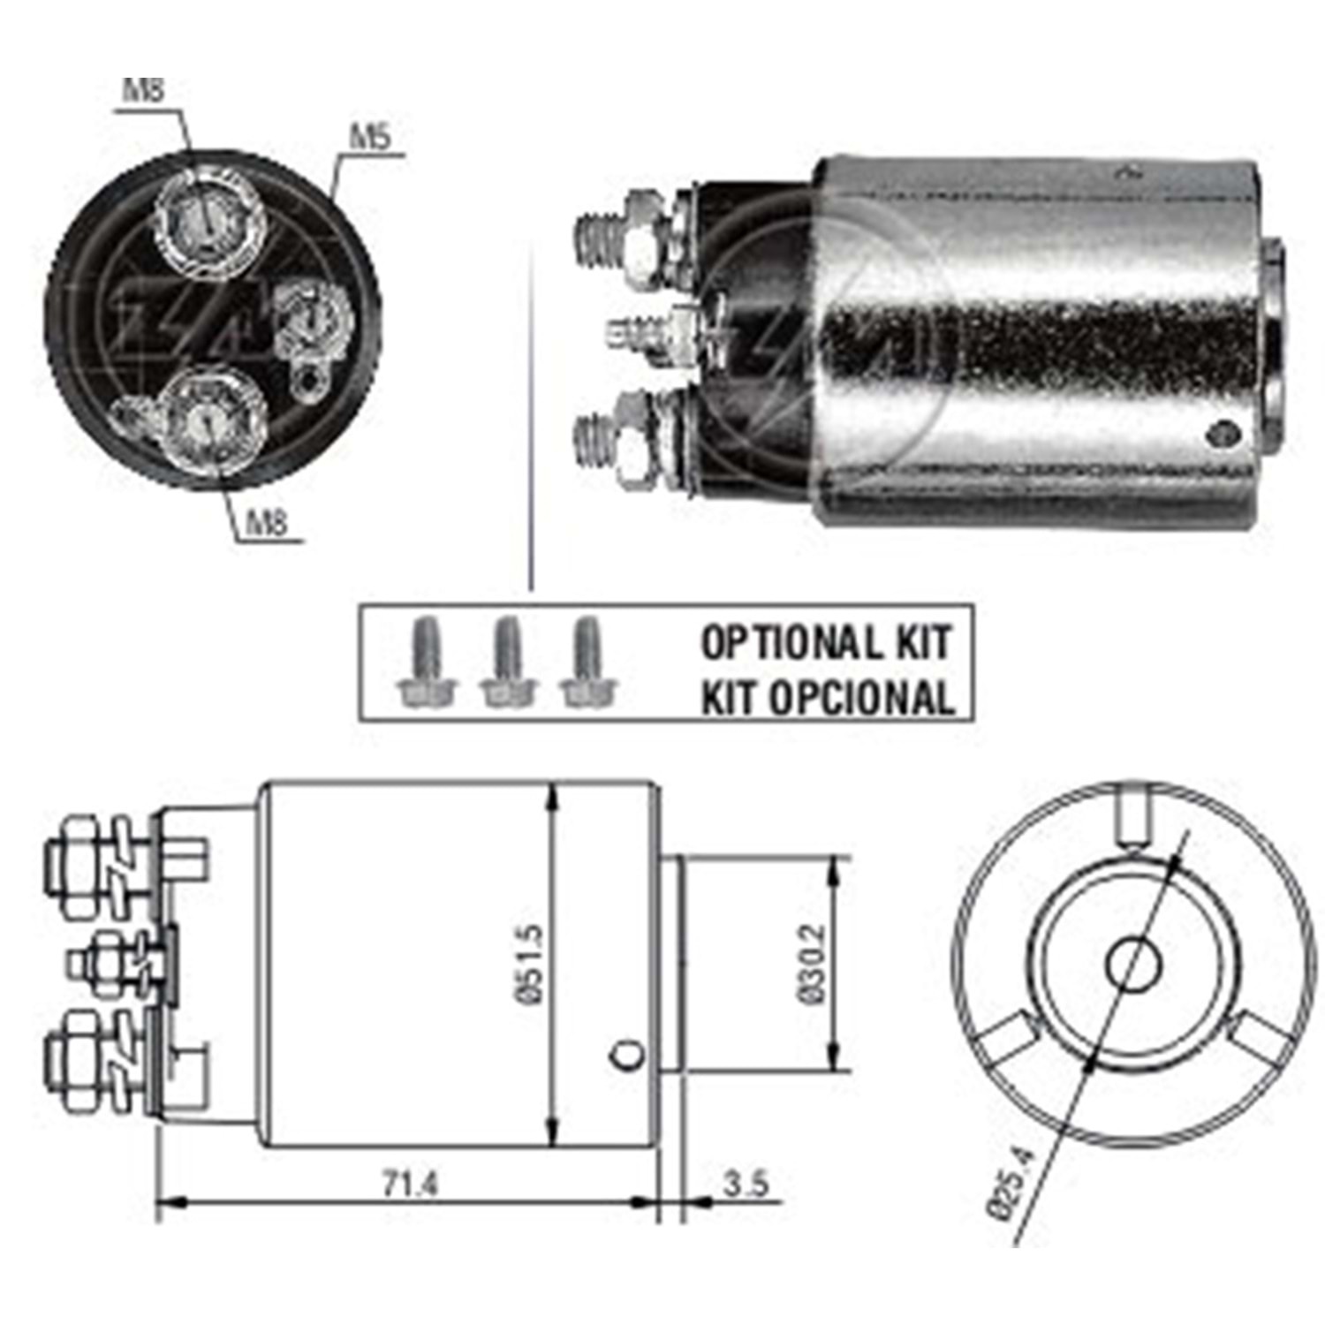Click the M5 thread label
(x=370, y=138)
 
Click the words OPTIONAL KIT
(x=826, y=642)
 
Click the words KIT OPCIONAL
(x=828, y=698)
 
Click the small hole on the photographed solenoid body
(x=1223, y=432)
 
